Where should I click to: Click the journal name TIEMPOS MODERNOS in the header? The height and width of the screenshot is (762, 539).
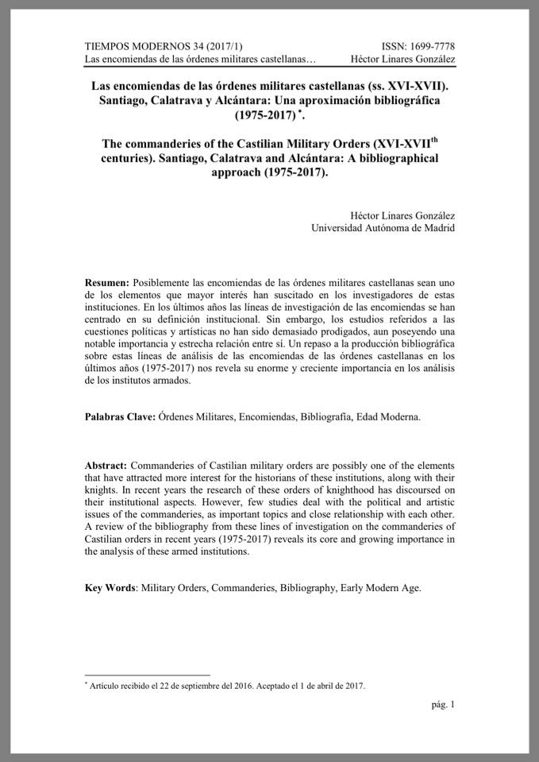pos(134,46)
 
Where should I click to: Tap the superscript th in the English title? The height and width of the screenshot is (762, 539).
pos(432,141)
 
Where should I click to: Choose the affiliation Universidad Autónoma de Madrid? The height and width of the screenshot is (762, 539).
pos(384,229)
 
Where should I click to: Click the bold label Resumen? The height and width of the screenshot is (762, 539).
pos(106,283)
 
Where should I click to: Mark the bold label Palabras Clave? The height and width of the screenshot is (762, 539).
pos(120,416)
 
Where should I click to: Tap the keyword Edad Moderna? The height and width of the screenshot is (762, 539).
pos(388,416)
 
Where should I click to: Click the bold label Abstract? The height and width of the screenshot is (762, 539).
pos(106,464)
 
